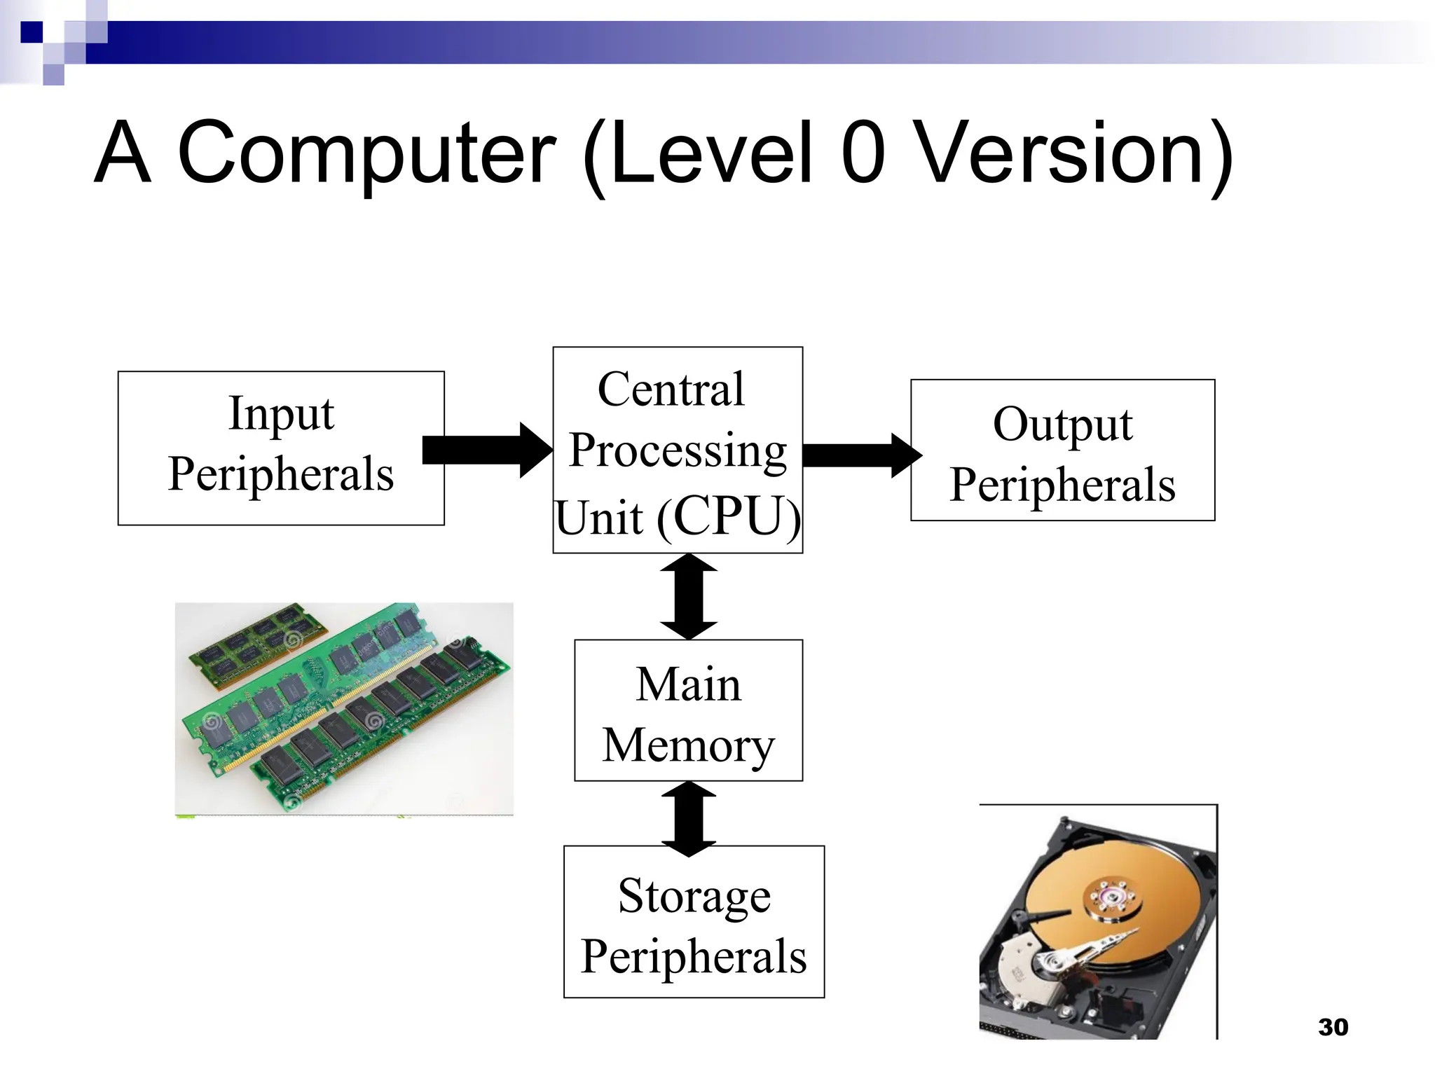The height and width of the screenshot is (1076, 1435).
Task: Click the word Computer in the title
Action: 367,153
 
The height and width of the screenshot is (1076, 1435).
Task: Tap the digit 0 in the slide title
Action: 863,153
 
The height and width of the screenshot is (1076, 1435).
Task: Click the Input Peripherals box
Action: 280,448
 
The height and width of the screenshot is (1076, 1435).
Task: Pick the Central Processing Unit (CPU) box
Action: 677,450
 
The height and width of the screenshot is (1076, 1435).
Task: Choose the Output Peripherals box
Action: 1062,450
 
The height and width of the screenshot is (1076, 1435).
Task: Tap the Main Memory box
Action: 688,710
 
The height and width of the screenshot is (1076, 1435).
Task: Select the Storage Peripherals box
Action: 694,921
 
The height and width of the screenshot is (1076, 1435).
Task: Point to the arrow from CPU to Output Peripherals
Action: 860,455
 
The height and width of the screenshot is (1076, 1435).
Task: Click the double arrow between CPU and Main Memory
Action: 689,596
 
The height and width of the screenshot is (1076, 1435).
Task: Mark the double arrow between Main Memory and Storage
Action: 689,819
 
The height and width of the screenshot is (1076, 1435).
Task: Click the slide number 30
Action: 1333,1027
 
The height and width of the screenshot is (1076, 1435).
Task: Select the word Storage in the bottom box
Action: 694,896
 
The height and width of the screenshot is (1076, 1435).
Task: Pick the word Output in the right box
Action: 1062,425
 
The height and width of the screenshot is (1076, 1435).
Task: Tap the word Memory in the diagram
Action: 688,745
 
